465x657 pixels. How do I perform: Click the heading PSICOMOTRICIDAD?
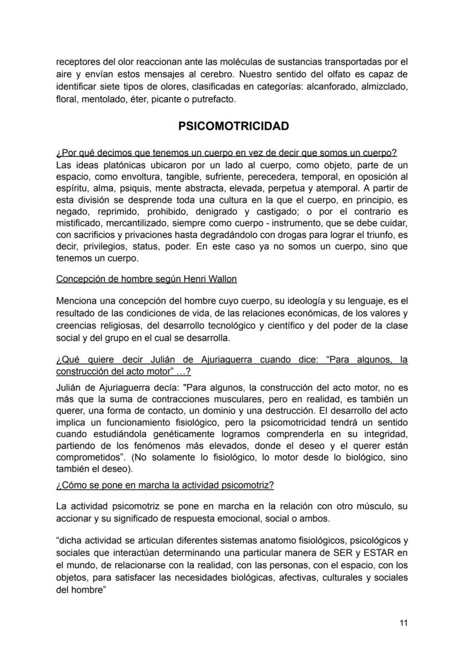(x=233, y=126)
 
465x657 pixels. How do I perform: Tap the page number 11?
(x=403, y=623)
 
